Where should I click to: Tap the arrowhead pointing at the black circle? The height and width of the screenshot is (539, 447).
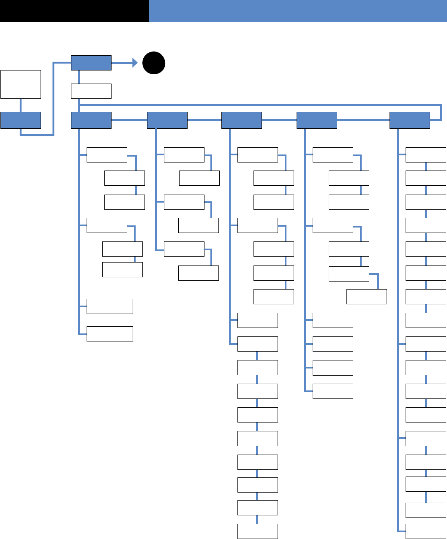(135, 63)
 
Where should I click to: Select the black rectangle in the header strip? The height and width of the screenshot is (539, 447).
(74, 11)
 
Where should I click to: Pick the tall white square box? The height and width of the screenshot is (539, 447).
(21, 84)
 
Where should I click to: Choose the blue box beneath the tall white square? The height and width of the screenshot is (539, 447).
(21, 120)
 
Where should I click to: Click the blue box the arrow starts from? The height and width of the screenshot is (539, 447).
(91, 63)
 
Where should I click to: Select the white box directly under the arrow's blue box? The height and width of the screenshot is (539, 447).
(91, 91)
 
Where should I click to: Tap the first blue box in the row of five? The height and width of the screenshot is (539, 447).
(91, 120)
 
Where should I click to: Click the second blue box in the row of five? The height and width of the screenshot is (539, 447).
(167, 120)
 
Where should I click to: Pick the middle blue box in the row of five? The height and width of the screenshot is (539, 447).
(242, 120)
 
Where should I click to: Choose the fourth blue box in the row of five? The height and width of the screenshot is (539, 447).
(317, 120)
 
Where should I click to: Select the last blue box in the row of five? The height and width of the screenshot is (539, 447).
(409, 120)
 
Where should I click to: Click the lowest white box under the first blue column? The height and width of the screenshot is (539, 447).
(110, 333)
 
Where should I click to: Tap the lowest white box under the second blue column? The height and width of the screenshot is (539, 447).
(199, 273)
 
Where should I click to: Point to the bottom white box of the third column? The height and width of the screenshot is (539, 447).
(258, 531)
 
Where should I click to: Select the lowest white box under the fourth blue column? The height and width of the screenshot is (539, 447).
(333, 391)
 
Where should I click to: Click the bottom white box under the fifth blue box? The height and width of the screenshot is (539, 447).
(426, 531)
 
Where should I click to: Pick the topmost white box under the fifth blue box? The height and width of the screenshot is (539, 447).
(426, 155)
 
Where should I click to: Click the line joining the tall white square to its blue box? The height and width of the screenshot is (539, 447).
(21, 106)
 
